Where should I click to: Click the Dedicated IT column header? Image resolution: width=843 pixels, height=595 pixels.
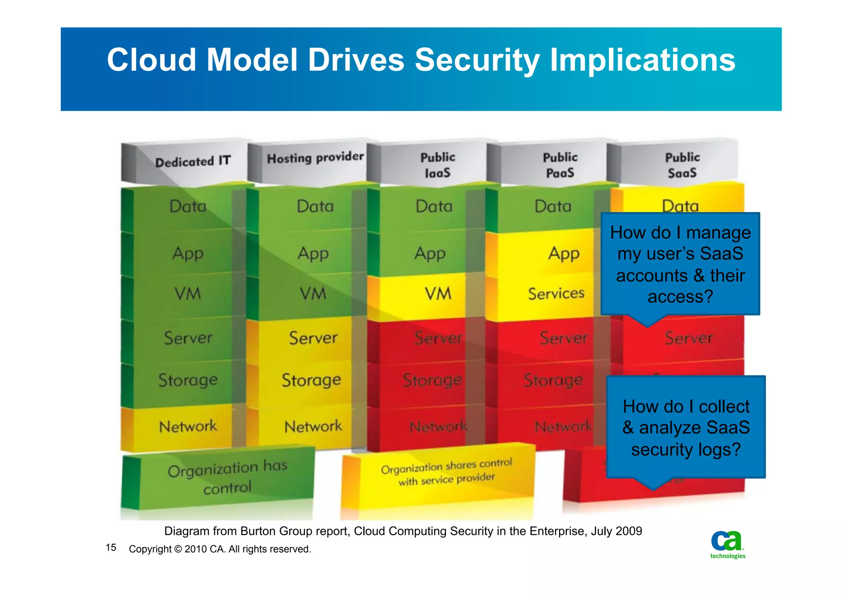[x=192, y=162]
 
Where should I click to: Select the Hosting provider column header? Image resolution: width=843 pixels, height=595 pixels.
[x=315, y=158]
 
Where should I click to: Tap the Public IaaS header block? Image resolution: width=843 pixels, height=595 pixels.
[x=437, y=165]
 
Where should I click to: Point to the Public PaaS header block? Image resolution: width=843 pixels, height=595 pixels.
[x=560, y=165]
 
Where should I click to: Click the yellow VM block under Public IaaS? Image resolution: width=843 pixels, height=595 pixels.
[x=437, y=294]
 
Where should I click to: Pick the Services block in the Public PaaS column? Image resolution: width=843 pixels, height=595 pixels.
[x=556, y=294]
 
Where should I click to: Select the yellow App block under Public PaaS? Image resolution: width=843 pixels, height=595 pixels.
[x=563, y=253]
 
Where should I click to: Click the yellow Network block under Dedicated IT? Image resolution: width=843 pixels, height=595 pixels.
[x=187, y=426]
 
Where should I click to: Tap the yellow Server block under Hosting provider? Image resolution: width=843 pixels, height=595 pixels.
[x=313, y=338]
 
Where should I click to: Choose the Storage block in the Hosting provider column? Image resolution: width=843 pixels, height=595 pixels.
[x=311, y=380]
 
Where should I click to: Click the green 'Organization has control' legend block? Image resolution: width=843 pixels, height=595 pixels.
[x=227, y=478]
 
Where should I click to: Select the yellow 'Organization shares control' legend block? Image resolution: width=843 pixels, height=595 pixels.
[x=446, y=473]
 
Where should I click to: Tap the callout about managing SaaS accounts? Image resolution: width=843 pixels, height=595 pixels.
[x=680, y=264]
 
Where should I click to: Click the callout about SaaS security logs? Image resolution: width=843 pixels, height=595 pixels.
[x=686, y=428]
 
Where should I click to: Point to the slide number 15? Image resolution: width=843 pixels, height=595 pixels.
[x=111, y=548]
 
